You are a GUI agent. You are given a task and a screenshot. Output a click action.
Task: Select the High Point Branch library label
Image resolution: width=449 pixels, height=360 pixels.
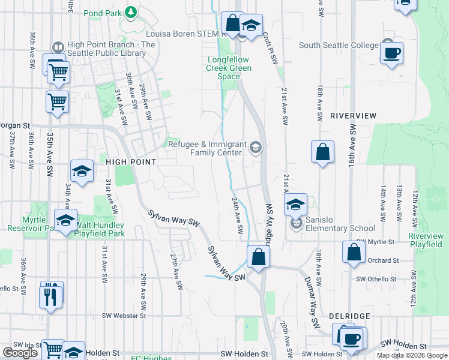click(103, 49)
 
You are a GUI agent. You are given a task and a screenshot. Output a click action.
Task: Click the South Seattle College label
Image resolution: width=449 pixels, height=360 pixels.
click(339, 45)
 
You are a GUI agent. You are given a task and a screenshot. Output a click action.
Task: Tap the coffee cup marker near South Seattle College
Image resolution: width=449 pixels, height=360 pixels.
click(391, 53)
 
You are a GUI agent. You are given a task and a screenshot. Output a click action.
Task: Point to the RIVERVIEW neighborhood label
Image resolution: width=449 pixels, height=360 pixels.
click(353, 115)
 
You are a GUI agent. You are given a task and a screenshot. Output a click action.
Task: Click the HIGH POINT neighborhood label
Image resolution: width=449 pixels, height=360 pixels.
click(131, 162)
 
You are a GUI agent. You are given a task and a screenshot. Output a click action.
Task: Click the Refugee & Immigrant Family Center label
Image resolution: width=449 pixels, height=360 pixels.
click(208, 148)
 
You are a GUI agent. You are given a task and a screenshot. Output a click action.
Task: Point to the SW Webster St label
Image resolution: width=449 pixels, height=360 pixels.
click(124, 315)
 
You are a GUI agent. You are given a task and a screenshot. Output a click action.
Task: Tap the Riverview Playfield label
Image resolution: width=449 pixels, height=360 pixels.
click(426, 241)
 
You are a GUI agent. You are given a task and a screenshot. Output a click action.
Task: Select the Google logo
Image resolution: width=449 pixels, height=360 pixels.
click(20, 353)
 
